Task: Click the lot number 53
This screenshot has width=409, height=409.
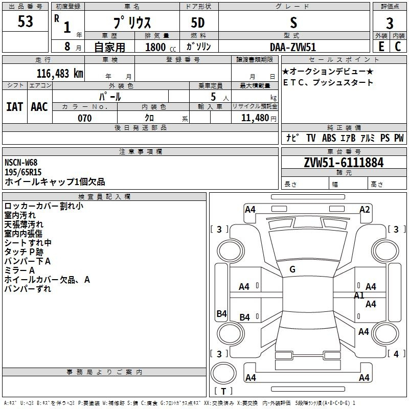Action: pyautogui.click(x=25, y=21)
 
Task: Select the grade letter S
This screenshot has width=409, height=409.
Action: pyautogui.click(x=293, y=22)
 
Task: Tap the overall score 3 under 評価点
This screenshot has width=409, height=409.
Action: pyautogui.click(x=390, y=23)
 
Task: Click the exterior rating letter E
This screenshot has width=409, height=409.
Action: pyautogui.click(x=381, y=47)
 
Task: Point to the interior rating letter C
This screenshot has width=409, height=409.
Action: pyautogui.click(x=398, y=47)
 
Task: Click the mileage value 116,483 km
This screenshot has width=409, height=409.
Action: pyautogui.click(x=60, y=74)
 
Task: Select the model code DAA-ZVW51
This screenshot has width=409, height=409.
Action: pyautogui.click(x=293, y=47)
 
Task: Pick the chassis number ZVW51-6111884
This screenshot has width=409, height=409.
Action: pyautogui.click(x=344, y=163)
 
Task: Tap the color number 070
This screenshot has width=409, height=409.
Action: pyautogui.click(x=85, y=118)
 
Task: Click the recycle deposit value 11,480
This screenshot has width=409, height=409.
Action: pyautogui.click(x=255, y=118)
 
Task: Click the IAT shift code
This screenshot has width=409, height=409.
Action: pyautogui.click(x=15, y=107)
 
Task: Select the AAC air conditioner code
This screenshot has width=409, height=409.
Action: pyautogui.click(x=39, y=107)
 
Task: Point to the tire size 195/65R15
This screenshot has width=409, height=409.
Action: pyautogui.click(x=23, y=172)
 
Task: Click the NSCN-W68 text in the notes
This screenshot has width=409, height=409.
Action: pyautogui.click(x=21, y=163)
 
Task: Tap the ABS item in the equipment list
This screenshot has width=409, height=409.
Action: pyautogui.click(x=329, y=138)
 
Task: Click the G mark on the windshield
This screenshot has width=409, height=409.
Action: pyautogui.click(x=292, y=269)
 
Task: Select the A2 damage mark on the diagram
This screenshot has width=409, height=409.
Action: pyautogui.click(x=365, y=210)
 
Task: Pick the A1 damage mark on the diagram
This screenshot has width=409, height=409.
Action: pyautogui.click(x=359, y=296)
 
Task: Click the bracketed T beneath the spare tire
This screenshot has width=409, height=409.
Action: pyautogui.click(x=223, y=391)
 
